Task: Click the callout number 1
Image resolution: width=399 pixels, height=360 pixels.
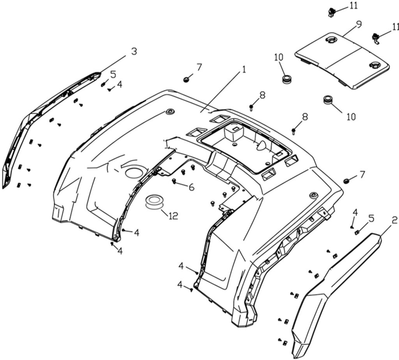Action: click(244, 70)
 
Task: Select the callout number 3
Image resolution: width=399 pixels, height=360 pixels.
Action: click(134, 51)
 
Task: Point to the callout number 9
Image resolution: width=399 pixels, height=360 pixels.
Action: click(358, 24)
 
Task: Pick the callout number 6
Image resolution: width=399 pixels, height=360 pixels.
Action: click(191, 187)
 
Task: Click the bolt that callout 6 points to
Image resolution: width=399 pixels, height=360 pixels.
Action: click(175, 181)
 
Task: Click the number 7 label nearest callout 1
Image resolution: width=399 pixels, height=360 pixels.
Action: click(199, 67)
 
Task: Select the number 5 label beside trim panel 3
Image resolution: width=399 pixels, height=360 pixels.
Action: click(113, 74)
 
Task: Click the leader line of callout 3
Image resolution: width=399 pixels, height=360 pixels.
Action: click(113, 64)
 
